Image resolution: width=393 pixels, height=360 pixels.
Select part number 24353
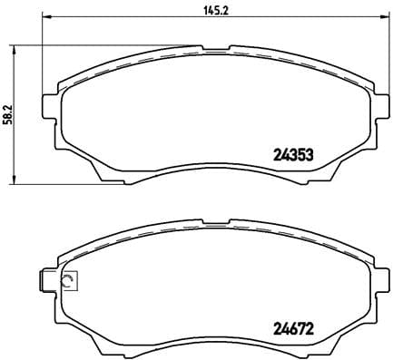[x=294, y=153]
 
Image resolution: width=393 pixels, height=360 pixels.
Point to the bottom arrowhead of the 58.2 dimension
[x=16, y=179]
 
